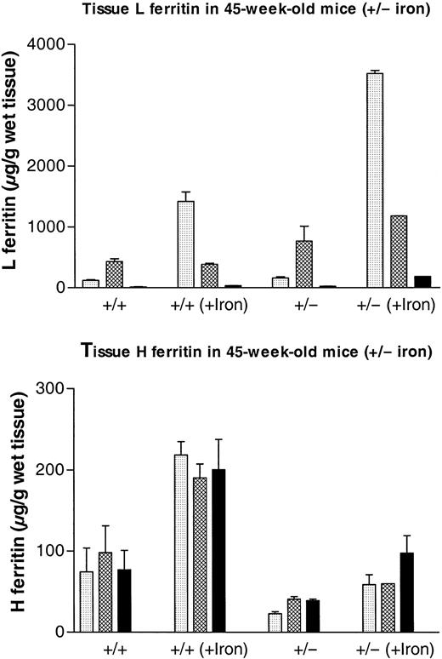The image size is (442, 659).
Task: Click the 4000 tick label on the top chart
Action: [48, 43]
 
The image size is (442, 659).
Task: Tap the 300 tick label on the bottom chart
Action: [53, 389]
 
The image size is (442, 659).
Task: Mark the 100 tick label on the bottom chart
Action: [53, 551]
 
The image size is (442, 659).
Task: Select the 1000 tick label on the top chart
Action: [48, 227]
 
